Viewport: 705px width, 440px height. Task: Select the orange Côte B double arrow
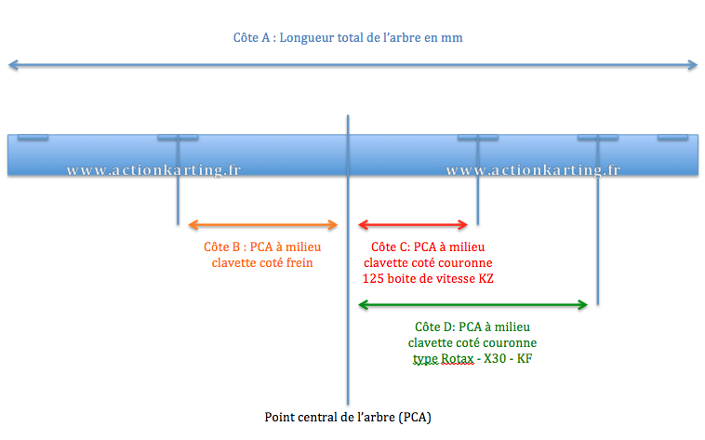click(262, 225)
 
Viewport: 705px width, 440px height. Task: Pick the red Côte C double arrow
click(413, 224)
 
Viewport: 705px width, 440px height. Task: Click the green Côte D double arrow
click(472, 305)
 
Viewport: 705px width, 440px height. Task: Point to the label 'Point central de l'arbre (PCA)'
click(348, 418)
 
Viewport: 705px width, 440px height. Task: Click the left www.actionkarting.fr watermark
click(153, 170)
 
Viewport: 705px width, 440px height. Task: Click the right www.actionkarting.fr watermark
click(533, 170)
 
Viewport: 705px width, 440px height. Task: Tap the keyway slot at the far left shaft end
click(33, 138)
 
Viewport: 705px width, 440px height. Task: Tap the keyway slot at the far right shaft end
click(672, 138)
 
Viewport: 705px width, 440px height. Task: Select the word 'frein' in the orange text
click(299, 262)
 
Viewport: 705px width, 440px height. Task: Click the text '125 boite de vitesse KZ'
click(428, 279)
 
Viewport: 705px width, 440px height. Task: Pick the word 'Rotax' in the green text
click(458, 358)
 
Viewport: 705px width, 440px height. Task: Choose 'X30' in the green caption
click(495, 358)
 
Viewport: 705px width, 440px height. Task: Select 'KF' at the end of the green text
click(525, 358)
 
